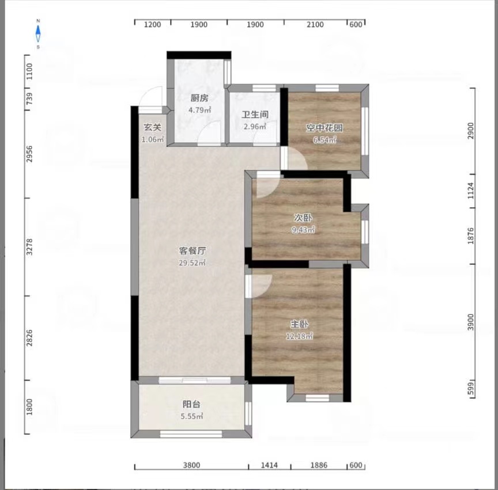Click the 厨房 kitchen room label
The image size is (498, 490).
pyautogui.click(x=199, y=98)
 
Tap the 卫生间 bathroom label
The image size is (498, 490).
pyautogui.click(x=255, y=114)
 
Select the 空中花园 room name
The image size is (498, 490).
pyautogui.click(x=325, y=128)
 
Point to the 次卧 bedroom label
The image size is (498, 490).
pyautogui.click(x=303, y=218)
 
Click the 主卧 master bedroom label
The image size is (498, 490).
pyautogui.click(x=299, y=324)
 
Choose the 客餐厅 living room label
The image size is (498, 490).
pyautogui.click(x=193, y=250)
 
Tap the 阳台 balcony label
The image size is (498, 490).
pyautogui.click(x=191, y=404)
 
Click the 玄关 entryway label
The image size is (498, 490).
pyautogui.click(x=152, y=127)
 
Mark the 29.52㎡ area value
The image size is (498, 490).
pyautogui.click(x=192, y=263)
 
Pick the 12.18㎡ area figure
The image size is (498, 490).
pyautogui.click(x=299, y=336)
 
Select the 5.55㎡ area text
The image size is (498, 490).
pyautogui.click(x=192, y=416)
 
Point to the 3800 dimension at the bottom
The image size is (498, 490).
pyautogui.click(x=191, y=465)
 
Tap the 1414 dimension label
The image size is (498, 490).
pyautogui.click(x=269, y=465)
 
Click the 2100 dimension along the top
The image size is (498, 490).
pyautogui.click(x=315, y=24)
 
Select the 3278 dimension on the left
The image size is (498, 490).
pyautogui.click(x=29, y=247)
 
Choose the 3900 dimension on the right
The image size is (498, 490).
pyautogui.click(x=470, y=322)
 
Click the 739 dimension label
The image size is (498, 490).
pyautogui.click(x=29, y=98)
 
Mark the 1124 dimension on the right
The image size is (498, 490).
pyautogui.click(x=470, y=191)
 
